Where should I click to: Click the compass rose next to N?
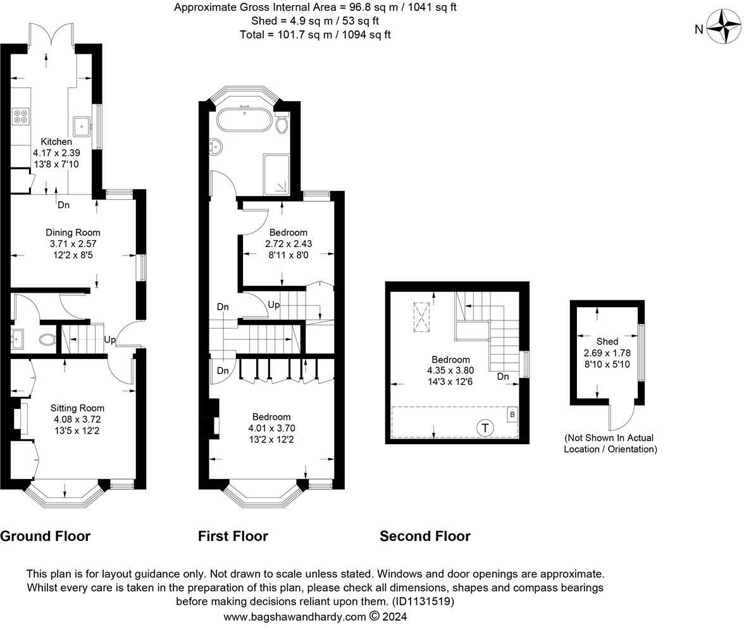[724, 27]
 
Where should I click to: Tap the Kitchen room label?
[56, 141]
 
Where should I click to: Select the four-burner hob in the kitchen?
[21, 116]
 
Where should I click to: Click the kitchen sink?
[82, 126]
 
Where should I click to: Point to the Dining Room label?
[73, 232]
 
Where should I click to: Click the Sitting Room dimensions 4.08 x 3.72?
[77, 419]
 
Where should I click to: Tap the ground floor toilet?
[47, 339]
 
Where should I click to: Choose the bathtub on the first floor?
[244, 119]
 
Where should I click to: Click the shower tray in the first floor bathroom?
[276, 174]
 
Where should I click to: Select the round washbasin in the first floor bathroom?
[216, 147]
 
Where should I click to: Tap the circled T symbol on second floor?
[485, 428]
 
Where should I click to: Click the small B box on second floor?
[512, 415]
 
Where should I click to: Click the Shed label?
[607, 341]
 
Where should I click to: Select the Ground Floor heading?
[45, 536]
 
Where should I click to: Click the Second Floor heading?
[425, 536]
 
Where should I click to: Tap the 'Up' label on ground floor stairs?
[109, 339]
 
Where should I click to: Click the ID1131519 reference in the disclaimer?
[423, 602]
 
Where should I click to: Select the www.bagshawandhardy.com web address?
[295, 617]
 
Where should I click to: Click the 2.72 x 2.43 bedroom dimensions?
[288, 243]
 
